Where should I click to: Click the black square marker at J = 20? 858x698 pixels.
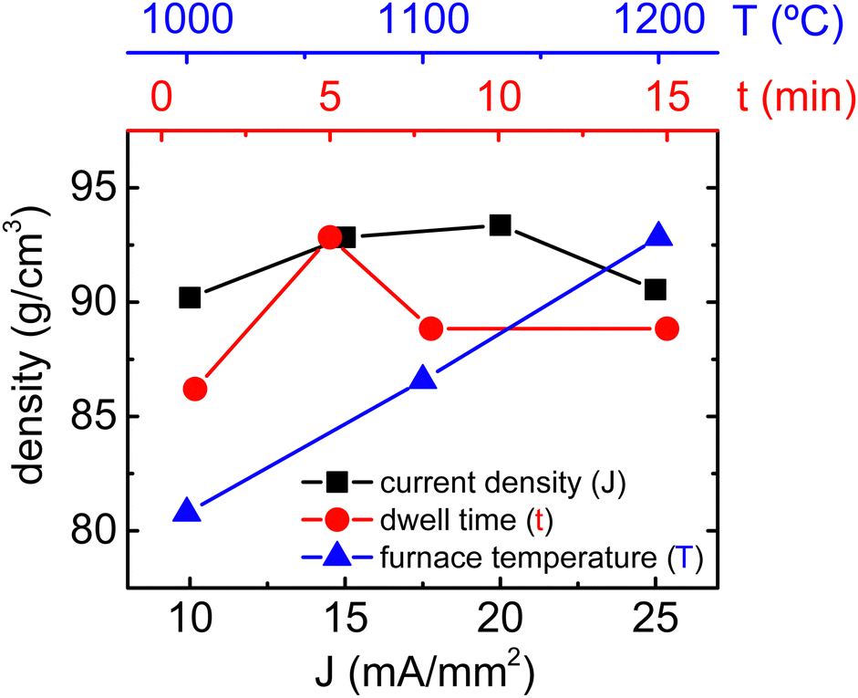[500, 224]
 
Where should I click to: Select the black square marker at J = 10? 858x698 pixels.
[190, 297]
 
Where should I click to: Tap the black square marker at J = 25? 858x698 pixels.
[655, 289]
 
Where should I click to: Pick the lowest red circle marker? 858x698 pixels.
[194, 389]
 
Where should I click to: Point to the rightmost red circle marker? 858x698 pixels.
[667, 328]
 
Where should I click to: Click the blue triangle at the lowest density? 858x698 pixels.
[187, 511]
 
